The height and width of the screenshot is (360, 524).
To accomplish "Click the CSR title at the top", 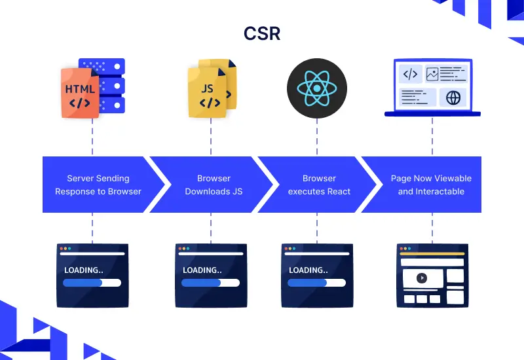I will [x=261, y=33].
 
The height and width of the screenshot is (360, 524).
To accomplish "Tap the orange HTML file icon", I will [x=79, y=92].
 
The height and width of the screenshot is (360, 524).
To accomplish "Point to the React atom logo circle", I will [x=316, y=88].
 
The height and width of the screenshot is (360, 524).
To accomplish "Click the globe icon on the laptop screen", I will [x=453, y=98].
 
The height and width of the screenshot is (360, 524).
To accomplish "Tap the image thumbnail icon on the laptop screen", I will [x=432, y=74].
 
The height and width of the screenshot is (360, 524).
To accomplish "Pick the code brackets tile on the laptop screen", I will [x=410, y=74].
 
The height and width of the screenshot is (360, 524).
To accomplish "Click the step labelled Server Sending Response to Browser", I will [x=98, y=185].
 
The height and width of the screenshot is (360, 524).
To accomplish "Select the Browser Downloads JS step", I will [x=214, y=185].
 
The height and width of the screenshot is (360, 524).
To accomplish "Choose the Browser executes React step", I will [x=319, y=185].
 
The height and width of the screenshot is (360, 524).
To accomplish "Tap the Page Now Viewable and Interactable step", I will [x=431, y=185].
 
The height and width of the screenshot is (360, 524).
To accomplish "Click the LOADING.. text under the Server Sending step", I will [x=83, y=270].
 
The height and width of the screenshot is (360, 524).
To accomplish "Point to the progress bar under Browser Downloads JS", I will [x=210, y=283].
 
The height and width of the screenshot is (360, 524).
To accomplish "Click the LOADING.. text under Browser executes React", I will [x=308, y=270].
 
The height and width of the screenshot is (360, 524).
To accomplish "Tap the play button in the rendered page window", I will [x=422, y=278].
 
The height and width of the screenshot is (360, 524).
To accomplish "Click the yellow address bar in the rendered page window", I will [x=432, y=254].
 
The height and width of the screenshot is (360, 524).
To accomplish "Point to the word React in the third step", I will [x=338, y=192].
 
